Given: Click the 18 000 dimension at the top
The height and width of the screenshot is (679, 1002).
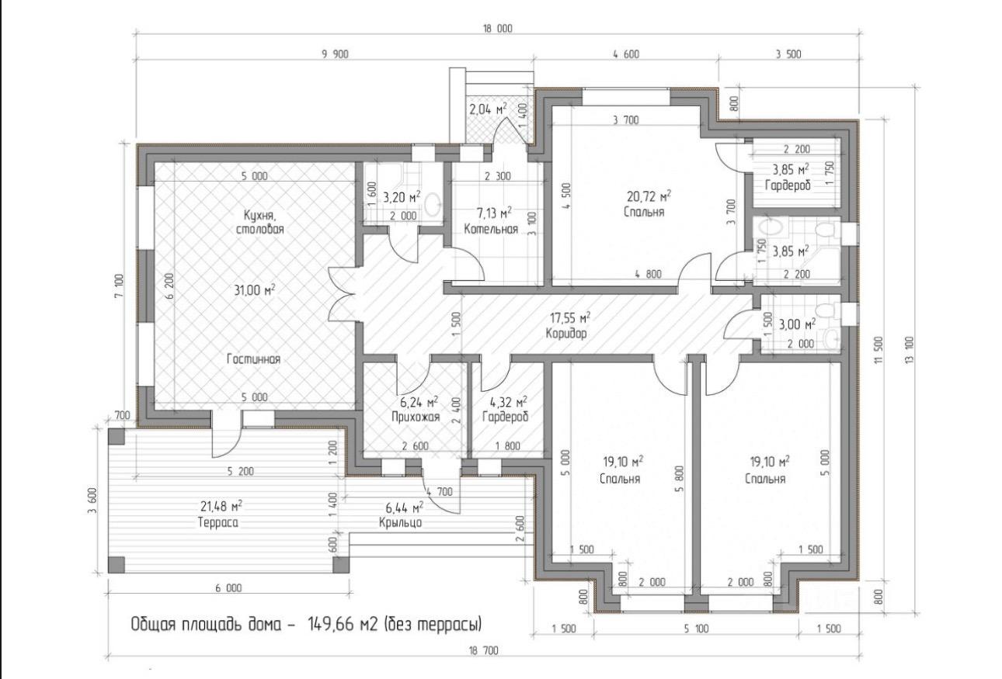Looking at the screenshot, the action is point(497,29).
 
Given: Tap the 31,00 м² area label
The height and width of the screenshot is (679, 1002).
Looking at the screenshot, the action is point(254,290).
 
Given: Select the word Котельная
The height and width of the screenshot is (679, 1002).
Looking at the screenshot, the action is point(491,230).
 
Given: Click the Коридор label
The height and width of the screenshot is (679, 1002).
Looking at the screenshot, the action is point(566,334).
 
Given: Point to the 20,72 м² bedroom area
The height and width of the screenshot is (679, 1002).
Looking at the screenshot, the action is point(649,196).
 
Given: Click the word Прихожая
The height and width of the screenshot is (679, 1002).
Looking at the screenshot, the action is point(416,417).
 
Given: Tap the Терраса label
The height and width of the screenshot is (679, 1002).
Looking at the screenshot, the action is point(217,522).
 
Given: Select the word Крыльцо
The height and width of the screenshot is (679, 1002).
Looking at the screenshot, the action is point(400,522).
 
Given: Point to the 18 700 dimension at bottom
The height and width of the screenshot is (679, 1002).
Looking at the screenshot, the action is point(484,651).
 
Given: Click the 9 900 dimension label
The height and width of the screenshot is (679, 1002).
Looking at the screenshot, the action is point(335,54).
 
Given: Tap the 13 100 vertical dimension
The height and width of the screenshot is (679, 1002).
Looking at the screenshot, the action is point(910,350).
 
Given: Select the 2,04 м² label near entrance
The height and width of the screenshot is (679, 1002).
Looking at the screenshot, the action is point(488,109).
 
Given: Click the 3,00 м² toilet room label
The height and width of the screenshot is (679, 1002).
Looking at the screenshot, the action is point(797,324).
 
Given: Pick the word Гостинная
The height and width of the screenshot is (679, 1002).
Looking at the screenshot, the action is point(254,359).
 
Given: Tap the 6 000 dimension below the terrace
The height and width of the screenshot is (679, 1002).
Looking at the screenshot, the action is point(228,588).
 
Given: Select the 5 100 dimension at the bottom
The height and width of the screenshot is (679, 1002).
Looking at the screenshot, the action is point(697,629).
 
